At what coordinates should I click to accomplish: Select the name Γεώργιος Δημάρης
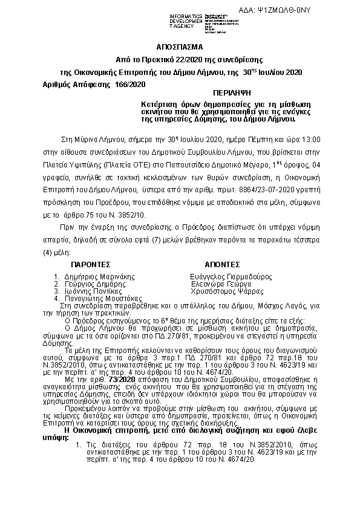click(x=90, y=283)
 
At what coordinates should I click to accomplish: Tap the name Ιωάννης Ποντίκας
click(x=90, y=291)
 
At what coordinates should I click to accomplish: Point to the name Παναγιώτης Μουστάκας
click(x=100, y=298)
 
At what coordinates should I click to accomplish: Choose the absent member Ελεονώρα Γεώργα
click(x=221, y=283)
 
